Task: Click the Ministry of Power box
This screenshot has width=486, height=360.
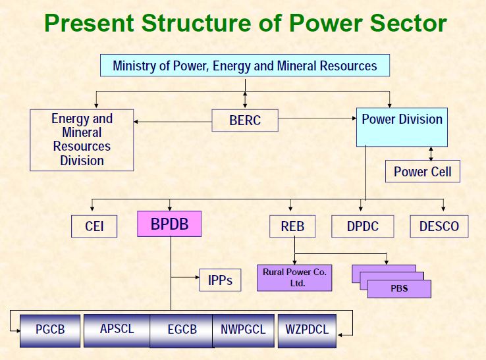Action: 244,66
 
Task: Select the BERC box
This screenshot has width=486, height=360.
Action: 245,120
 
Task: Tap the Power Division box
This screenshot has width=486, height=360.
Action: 402,127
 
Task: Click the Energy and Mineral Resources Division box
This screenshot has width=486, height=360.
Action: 82,140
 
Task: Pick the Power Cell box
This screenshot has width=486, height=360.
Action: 422,172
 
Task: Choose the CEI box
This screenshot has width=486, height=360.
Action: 95,227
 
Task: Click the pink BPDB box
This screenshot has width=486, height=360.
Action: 169,224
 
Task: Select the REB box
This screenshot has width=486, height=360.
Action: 292,227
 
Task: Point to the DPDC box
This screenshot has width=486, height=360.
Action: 364,227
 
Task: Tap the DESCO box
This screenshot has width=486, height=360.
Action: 439,227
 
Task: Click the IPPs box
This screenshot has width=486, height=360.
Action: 220,280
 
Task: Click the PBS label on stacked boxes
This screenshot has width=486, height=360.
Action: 399,289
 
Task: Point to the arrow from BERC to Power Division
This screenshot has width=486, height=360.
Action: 316,120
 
